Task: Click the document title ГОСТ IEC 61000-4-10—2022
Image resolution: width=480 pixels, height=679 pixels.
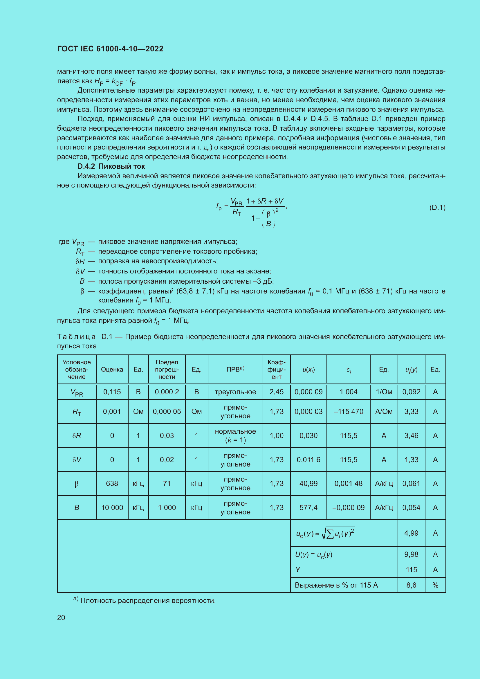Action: pyautogui.click(x=110, y=49)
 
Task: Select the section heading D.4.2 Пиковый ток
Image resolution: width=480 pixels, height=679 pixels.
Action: pyautogui.click(x=111, y=166)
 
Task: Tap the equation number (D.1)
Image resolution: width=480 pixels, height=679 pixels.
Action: pyautogui.click(x=437, y=207)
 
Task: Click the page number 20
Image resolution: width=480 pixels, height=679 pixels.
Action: pyautogui.click(x=61, y=617)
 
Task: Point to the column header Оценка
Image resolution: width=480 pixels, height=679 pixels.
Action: pyautogui.click(x=112, y=369)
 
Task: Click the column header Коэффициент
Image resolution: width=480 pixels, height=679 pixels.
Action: pyautogui.click(x=276, y=369)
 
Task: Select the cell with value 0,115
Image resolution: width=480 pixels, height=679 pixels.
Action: pyautogui.click(x=112, y=392)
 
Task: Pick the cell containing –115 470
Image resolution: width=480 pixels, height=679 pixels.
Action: pyautogui.click(x=348, y=411)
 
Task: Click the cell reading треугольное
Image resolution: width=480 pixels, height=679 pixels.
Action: pyautogui.click(x=235, y=392)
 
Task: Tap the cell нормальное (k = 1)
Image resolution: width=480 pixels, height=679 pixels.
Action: pyautogui.click(x=235, y=436)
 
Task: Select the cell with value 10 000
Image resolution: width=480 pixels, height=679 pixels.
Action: pyautogui.click(x=112, y=507)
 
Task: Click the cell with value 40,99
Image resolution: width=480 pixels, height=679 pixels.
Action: pyautogui.click(x=308, y=484)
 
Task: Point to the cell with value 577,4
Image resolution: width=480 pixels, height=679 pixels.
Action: pyautogui.click(x=308, y=507)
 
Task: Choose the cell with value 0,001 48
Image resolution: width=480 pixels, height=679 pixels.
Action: pyautogui.click(x=348, y=484)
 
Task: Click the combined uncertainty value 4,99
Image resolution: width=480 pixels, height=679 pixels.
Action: pyautogui.click(x=411, y=533)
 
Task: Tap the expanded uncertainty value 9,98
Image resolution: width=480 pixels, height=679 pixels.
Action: pyautogui.click(x=411, y=554)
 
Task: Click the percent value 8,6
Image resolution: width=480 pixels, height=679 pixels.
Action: pyautogui.click(x=411, y=585)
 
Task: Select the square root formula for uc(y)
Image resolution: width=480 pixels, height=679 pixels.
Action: pyautogui.click(x=325, y=534)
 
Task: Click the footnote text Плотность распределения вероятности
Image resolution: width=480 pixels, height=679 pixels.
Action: pyautogui.click(x=148, y=601)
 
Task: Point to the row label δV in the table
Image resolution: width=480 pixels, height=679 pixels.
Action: pyautogui.click(x=77, y=460)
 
